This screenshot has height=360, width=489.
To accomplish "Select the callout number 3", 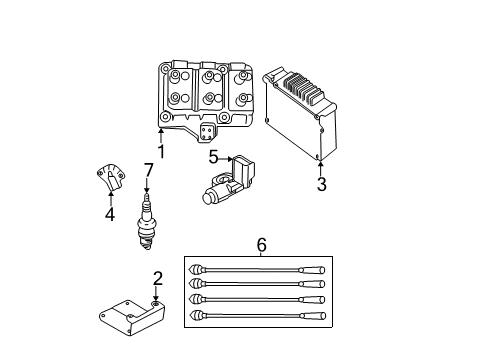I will (x=321, y=185).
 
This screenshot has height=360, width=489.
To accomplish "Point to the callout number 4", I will (x=109, y=213).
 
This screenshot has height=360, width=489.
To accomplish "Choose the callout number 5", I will (x=213, y=157).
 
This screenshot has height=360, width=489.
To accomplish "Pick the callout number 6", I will (x=261, y=244).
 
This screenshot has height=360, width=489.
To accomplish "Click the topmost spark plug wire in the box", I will (x=259, y=269).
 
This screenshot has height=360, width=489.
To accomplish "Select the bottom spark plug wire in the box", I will (x=259, y=317).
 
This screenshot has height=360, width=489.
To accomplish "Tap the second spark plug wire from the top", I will (x=259, y=285).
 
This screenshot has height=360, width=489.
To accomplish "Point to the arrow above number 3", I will (x=321, y=166).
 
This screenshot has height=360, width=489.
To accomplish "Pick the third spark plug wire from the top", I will (x=259, y=301).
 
